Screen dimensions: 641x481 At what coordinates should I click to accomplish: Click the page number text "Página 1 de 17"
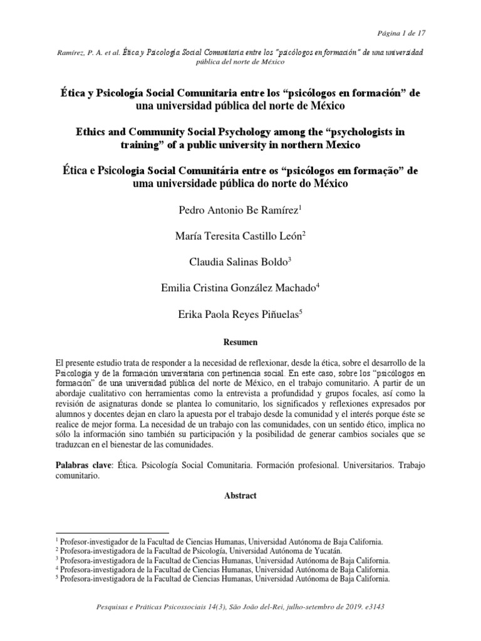tap(403, 33)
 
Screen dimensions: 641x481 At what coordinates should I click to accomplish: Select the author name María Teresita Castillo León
tap(240, 235)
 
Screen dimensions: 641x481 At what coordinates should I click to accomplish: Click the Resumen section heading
tap(240, 342)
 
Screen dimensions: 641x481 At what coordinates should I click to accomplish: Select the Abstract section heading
tap(240, 495)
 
